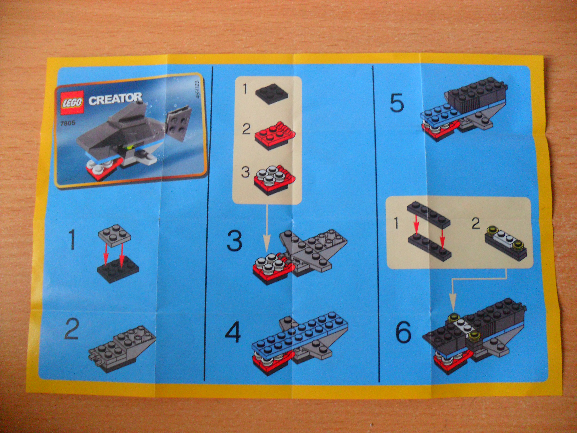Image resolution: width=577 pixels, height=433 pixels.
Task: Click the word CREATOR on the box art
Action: pyautogui.click(x=115, y=99)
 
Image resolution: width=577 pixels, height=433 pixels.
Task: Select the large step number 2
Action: pyautogui.click(x=71, y=331)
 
